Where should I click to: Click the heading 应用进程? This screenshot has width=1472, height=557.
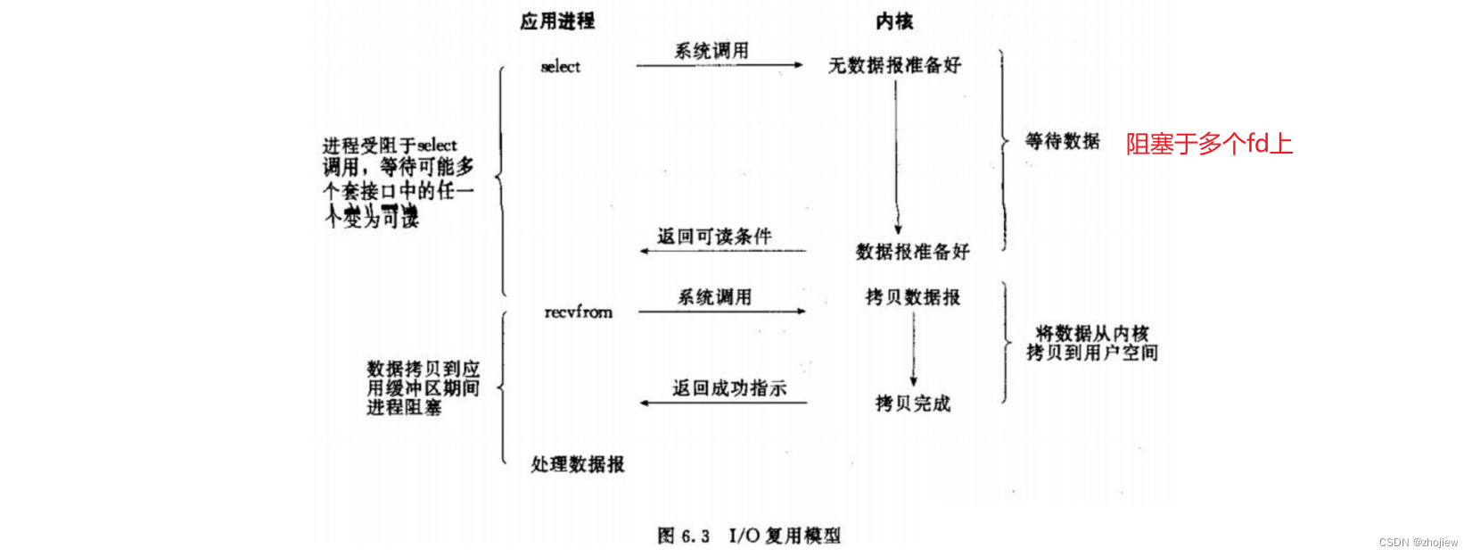(557, 21)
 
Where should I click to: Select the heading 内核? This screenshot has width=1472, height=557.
(893, 21)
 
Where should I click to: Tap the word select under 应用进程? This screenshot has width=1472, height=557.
(560, 67)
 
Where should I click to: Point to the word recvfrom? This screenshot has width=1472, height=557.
(579, 312)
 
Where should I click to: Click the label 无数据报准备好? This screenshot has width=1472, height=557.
(894, 65)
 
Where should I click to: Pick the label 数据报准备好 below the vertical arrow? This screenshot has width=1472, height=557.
(912, 252)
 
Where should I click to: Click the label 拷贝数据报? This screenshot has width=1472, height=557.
(912, 297)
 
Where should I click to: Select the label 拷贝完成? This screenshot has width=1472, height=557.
(912, 403)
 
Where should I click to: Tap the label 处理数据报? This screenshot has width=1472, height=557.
(578, 464)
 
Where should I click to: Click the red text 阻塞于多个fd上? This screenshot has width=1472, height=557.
(1209, 144)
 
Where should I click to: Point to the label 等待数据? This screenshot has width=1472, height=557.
(1062, 141)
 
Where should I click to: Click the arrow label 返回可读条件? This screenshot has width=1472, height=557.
(714, 237)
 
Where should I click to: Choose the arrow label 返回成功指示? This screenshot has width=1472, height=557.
(729, 388)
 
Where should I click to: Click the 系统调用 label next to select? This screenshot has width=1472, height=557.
(711, 51)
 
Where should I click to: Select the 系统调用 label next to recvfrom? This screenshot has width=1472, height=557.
(714, 297)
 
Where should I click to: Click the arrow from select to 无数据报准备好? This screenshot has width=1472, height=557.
(719, 65)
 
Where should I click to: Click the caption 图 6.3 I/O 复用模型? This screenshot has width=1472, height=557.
(749, 536)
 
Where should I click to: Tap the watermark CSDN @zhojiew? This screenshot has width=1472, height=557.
(1418, 543)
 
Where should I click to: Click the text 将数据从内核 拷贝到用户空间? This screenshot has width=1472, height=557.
(1091, 343)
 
